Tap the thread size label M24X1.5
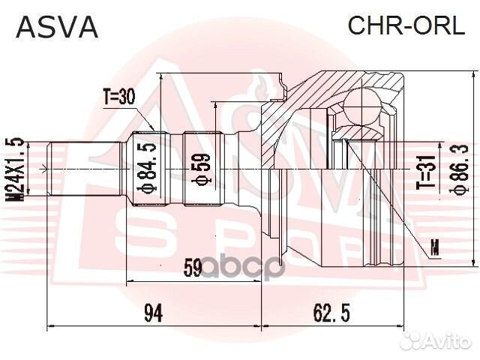point(12,169)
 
